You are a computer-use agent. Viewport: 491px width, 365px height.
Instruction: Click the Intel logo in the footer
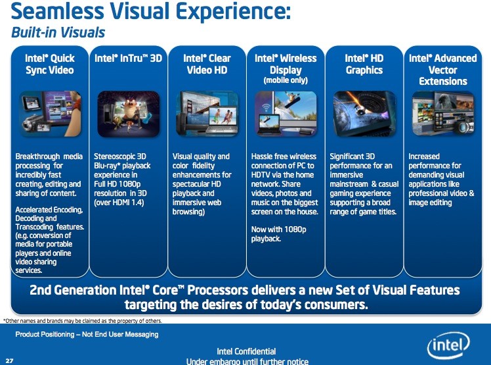click(x=448, y=345)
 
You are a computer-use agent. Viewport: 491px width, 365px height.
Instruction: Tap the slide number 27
click(x=9, y=360)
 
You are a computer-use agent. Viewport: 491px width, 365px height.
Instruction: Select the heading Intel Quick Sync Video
click(x=50, y=64)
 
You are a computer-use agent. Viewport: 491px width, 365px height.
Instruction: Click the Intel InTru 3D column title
click(x=129, y=58)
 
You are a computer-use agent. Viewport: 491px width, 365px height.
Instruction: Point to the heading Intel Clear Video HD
click(x=207, y=64)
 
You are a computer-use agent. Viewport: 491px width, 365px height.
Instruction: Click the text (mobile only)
click(x=286, y=80)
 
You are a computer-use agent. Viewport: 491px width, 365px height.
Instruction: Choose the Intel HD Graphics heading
click(x=364, y=64)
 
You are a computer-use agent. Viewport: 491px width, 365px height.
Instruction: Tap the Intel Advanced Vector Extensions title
click(x=443, y=70)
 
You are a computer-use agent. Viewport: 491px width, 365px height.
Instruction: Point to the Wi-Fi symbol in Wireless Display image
click(x=266, y=108)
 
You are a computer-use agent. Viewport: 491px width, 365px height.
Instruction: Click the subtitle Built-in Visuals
click(x=58, y=32)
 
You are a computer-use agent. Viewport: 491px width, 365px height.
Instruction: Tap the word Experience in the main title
click(x=233, y=11)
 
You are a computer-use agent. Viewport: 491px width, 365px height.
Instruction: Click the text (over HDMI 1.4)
click(x=119, y=203)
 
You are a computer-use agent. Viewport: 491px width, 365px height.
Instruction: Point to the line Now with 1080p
click(x=279, y=230)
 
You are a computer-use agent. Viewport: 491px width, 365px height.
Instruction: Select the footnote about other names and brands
click(x=82, y=321)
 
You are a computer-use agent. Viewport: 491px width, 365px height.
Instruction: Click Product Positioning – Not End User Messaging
click(x=87, y=334)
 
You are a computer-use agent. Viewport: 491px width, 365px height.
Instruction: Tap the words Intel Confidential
click(x=246, y=351)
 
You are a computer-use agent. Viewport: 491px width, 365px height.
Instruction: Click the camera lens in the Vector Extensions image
click(x=463, y=127)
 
